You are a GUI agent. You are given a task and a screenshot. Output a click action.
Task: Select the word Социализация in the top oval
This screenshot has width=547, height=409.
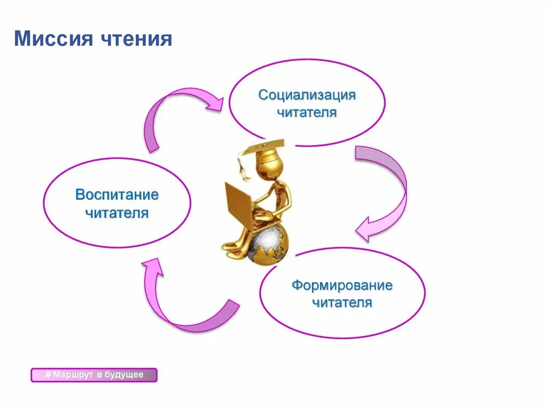[x=307, y=95]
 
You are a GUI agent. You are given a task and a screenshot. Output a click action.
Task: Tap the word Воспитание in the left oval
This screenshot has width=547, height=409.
[x=117, y=195]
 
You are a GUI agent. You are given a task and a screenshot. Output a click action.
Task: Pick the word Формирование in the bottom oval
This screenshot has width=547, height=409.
[x=342, y=285]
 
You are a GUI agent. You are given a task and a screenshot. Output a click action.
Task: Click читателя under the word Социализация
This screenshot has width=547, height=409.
[x=306, y=113]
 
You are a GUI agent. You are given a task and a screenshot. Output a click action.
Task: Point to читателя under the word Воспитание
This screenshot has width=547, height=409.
[x=117, y=213]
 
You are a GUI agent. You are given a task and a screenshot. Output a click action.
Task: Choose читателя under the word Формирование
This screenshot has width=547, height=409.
[x=342, y=303]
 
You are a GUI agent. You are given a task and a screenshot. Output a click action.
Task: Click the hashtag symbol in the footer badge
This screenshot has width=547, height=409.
[x=48, y=375]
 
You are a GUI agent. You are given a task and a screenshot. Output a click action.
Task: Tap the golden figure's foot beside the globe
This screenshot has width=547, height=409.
[x=231, y=248]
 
